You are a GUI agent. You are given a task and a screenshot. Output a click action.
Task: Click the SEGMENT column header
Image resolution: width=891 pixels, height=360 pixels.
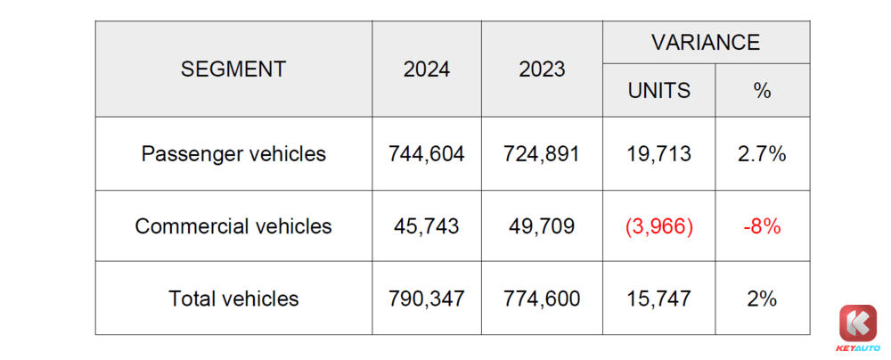click(233, 70)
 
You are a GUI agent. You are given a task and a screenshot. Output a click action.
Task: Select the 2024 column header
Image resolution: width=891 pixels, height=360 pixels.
click(427, 70)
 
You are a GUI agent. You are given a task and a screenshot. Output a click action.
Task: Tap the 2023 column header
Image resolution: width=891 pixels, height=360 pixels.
click(542, 70)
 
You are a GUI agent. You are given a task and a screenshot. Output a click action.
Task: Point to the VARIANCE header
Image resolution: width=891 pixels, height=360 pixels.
click(706, 42)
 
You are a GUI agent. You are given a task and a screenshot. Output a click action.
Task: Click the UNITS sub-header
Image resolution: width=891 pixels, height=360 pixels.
click(658, 90)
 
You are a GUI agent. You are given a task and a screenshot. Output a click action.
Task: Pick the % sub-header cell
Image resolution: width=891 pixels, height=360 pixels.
click(762, 90)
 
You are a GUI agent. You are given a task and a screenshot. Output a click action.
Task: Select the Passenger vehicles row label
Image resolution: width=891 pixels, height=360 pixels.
click(233, 153)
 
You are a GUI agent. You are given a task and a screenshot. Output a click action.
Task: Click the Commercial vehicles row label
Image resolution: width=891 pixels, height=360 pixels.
click(233, 226)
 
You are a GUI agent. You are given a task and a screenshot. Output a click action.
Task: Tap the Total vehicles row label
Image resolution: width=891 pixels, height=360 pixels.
click(233, 299)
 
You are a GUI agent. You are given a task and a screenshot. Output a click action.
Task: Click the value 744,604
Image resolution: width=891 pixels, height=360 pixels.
click(427, 153)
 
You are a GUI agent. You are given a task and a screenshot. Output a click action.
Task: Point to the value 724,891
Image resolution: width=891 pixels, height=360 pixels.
click(542, 153)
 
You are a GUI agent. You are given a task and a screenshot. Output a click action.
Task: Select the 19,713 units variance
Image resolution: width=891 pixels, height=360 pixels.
click(658, 153)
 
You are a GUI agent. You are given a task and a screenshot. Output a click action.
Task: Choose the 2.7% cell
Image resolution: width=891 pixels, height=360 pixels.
click(762, 153)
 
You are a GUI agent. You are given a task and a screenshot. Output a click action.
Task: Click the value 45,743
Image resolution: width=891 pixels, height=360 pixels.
click(427, 226)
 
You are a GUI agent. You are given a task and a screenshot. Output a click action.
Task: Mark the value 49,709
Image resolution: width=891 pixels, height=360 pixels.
click(542, 226)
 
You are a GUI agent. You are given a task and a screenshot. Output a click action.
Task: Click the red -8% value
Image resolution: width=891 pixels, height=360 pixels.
click(762, 226)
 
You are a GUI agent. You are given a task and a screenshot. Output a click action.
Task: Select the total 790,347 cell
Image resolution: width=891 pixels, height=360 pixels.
click(427, 299)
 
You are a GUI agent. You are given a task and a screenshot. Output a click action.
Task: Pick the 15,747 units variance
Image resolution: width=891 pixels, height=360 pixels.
click(658, 299)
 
